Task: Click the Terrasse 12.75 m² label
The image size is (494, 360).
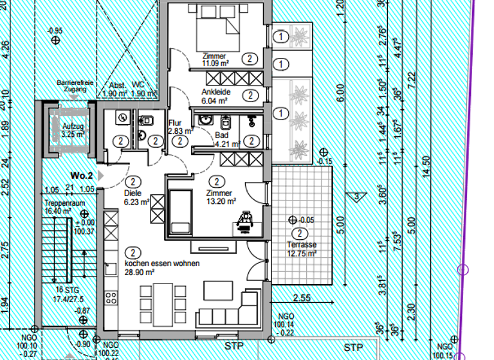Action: tap(302, 249)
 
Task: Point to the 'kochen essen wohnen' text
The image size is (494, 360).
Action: tap(161, 264)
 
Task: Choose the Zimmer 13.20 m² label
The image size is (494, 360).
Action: tap(219, 197)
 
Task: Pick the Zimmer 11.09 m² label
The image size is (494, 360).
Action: tap(215, 60)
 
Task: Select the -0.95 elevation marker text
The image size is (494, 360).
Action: tap(55, 30)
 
